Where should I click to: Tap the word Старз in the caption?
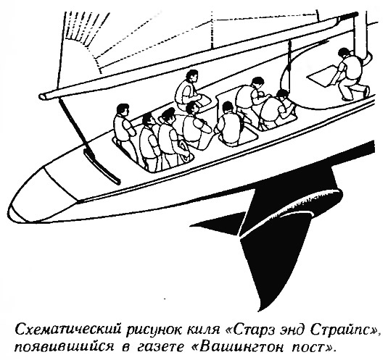254,330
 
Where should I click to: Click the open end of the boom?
43,96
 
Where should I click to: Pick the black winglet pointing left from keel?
217,227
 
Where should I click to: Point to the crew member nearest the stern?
124,126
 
